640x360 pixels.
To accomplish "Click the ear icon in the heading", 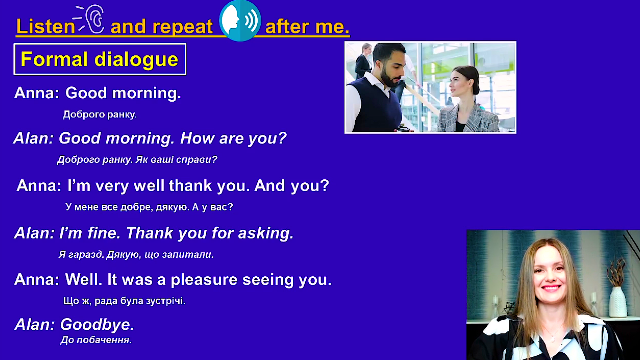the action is coord(95,19).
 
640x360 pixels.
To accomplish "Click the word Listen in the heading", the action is coord(46,26).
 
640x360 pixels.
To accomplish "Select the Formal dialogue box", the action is coord(100,59).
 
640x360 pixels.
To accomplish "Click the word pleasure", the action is coord(204,280).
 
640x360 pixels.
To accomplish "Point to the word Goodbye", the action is coord(97,325).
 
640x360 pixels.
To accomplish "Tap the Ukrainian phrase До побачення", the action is coord(96,340).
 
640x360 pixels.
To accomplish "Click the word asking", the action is coord(266,233).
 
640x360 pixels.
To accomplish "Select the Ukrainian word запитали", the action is coord(188,255).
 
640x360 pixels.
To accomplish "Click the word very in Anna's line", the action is coord(112,186).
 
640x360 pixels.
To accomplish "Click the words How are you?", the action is coord(233,138).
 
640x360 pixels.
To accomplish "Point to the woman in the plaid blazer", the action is coord(467,100).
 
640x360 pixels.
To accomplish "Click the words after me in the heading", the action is coord(307,27).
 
